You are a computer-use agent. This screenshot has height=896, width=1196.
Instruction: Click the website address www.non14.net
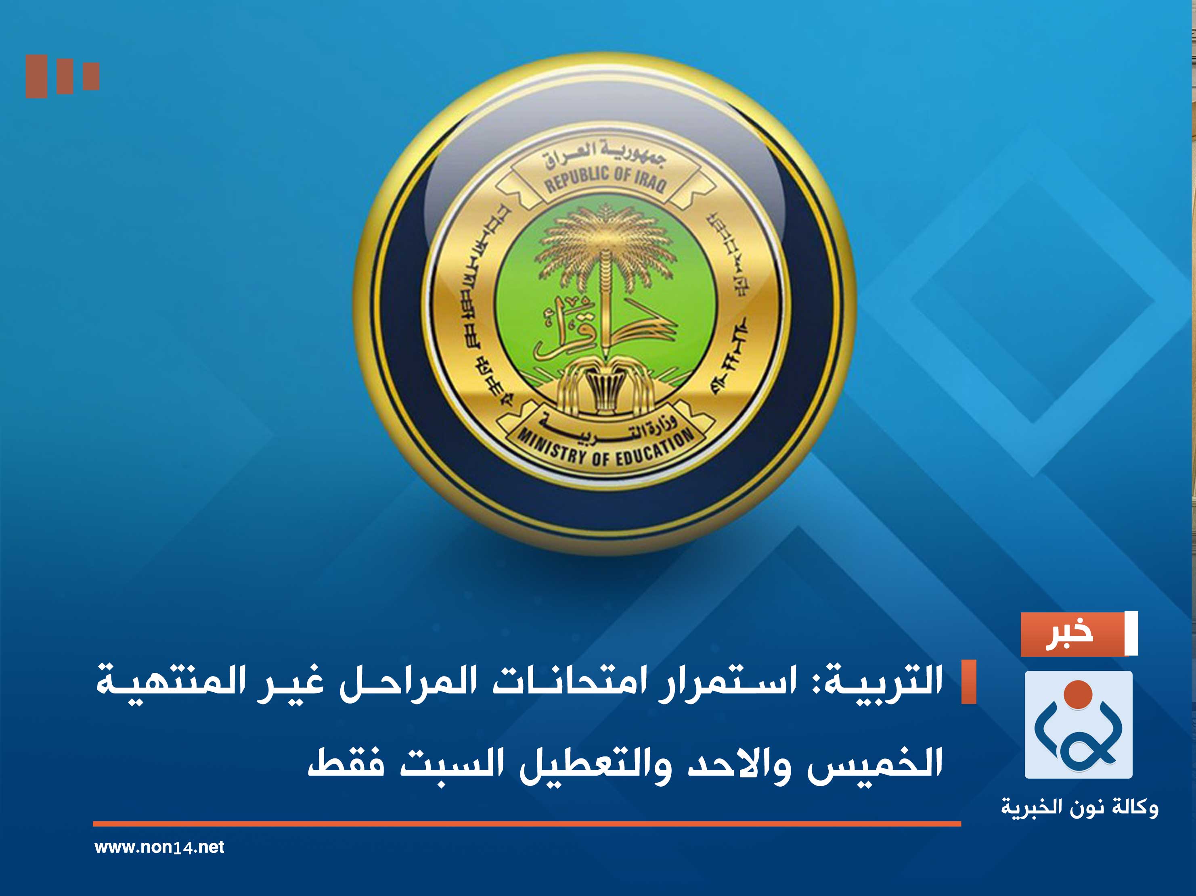[x=159, y=847]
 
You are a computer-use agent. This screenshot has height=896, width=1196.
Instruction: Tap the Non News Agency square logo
[x=1078, y=724]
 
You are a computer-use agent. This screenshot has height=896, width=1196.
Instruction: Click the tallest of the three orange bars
[x=36, y=76]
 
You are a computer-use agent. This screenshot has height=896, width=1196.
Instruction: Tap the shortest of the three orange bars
[x=91, y=76]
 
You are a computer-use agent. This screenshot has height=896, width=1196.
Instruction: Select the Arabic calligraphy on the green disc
[x=573, y=330]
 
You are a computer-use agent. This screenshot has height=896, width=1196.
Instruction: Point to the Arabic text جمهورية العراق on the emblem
[x=605, y=153]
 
